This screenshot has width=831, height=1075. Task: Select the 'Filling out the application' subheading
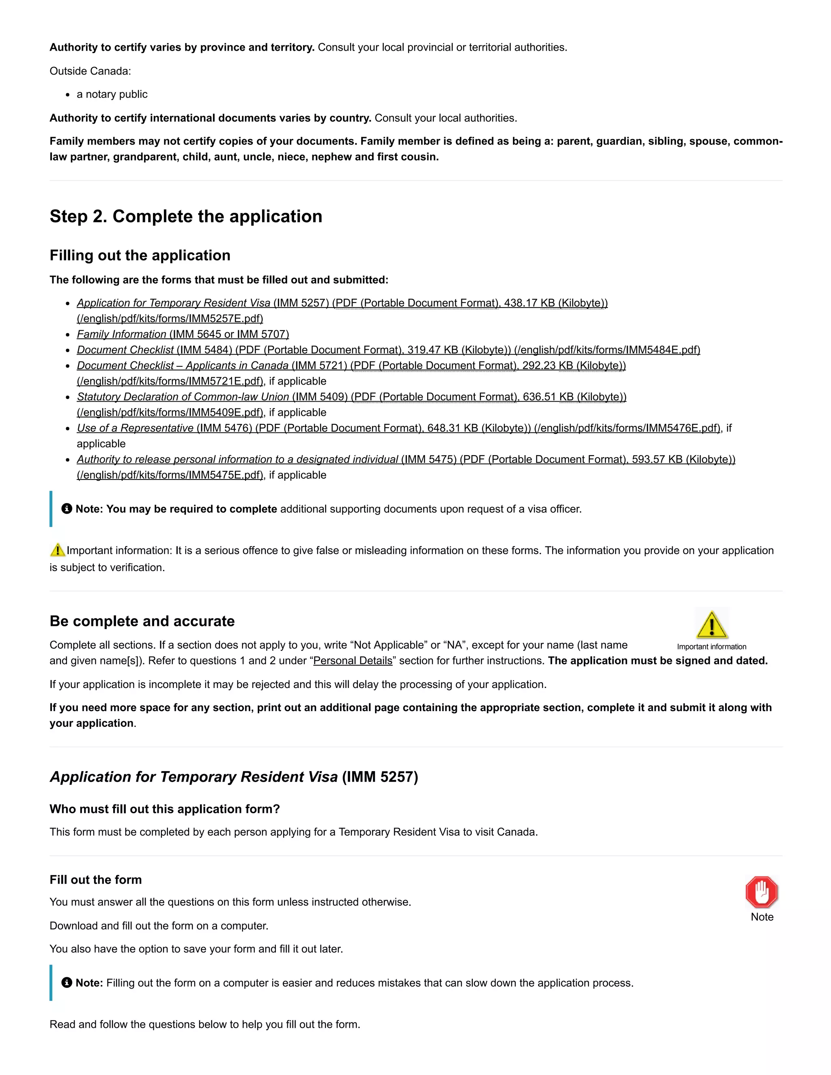pos(140,256)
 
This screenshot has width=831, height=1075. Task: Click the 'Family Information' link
pos(121,334)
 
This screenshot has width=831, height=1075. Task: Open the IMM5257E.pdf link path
pos(170,318)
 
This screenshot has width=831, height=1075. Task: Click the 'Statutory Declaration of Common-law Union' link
pos(183,397)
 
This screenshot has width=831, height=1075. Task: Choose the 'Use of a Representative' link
pos(135,428)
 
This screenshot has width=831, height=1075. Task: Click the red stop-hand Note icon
pos(761,892)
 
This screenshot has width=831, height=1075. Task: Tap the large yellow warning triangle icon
pos(711,625)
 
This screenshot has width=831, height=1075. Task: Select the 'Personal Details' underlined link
pos(353,660)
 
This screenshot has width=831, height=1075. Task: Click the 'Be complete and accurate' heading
pos(142,621)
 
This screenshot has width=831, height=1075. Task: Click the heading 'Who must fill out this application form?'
pos(164,809)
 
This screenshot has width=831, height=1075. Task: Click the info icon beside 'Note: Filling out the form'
pos(67,983)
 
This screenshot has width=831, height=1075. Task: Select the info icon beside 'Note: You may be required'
pos(67,508)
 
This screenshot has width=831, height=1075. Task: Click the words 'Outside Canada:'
pos(90,71)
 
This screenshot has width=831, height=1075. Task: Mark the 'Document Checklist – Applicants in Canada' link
pos(182,366)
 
